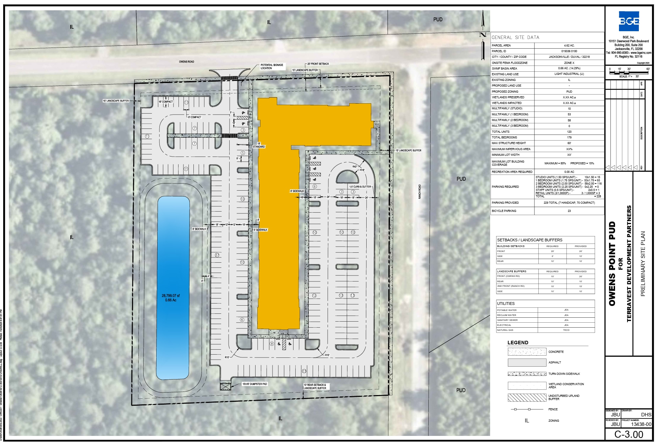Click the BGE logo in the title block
tap(629, 21)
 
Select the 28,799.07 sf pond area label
tap(171, 297)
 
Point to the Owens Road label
tap(186, 62)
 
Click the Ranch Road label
tap(420, 192)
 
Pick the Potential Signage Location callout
tap(272, 66)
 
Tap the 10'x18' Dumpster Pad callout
tap(254, 384)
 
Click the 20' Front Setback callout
tap(318, 64)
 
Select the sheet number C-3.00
tap(629, 434)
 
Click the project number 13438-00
tap(641, 424)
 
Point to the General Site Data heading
tap(515, 37)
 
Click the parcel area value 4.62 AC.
tap(569, 45)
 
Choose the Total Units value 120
tap(569, 132)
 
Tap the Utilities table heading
tap(506, 303)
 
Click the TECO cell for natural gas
tap(566, 330)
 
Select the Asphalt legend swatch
tap(527, 362)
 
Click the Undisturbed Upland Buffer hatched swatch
tap(527, 398)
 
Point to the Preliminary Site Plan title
tap(643, 264)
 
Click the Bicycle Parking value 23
tap(569, 211)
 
